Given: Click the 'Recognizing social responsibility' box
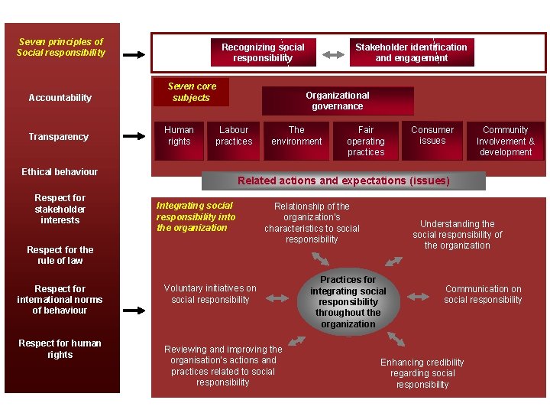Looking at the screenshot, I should [262, 52].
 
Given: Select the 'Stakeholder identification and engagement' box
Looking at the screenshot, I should [412, 52].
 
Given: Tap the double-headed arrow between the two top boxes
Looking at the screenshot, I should [332, 55].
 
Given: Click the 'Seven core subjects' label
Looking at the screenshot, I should [191, 92].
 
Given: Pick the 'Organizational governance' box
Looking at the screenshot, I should [338, 101].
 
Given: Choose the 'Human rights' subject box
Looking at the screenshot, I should [179, 140].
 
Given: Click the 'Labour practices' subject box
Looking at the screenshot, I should [234, 140].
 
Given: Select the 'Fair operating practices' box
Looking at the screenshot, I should [366, 141].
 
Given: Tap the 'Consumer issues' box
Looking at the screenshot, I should [432, 140].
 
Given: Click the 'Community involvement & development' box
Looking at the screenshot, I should [506, 141].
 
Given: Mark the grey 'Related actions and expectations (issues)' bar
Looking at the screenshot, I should [344, 181].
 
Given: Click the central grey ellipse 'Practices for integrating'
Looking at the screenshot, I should [348, 302].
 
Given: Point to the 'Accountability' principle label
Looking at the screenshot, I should [60, 98].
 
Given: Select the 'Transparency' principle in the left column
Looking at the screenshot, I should [59, 137].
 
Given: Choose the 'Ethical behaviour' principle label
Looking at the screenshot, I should [60, 172].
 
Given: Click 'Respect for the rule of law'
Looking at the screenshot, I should [60, 255].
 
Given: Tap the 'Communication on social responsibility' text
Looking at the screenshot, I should [483, 294].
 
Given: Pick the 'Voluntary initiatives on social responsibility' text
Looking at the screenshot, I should [210, 294].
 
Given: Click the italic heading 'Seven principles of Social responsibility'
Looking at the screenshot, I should [61, 47].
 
